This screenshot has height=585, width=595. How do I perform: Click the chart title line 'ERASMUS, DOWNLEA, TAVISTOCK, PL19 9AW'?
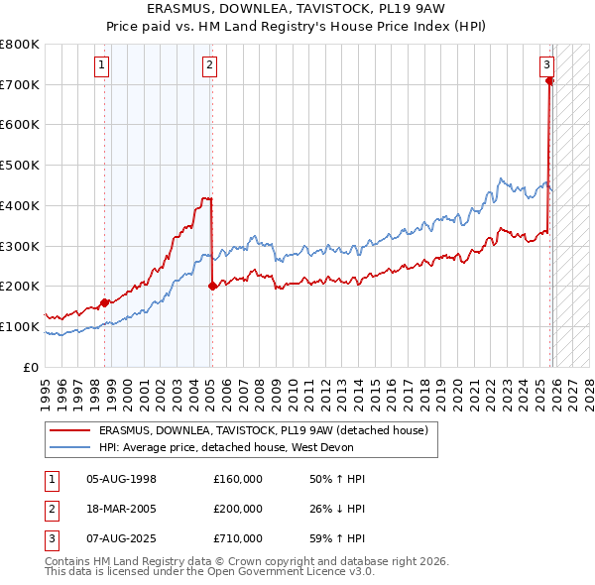tap(297, 9)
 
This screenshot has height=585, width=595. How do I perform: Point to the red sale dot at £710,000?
tap(549, 81)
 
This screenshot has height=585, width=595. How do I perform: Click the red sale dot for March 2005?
tap(212, 286)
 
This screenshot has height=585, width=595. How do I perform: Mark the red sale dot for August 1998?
tap(104, 302)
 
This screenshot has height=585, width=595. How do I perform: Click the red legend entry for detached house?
tap(263, 430)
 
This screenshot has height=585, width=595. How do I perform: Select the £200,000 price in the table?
tap(237, 509)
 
